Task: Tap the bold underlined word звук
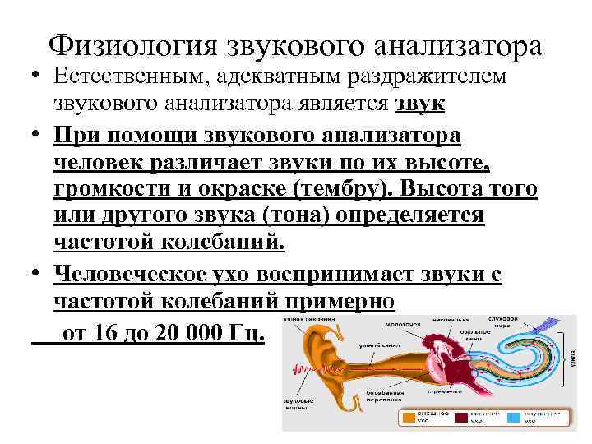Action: click(420, 104)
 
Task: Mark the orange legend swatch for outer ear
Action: click(411, 418)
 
